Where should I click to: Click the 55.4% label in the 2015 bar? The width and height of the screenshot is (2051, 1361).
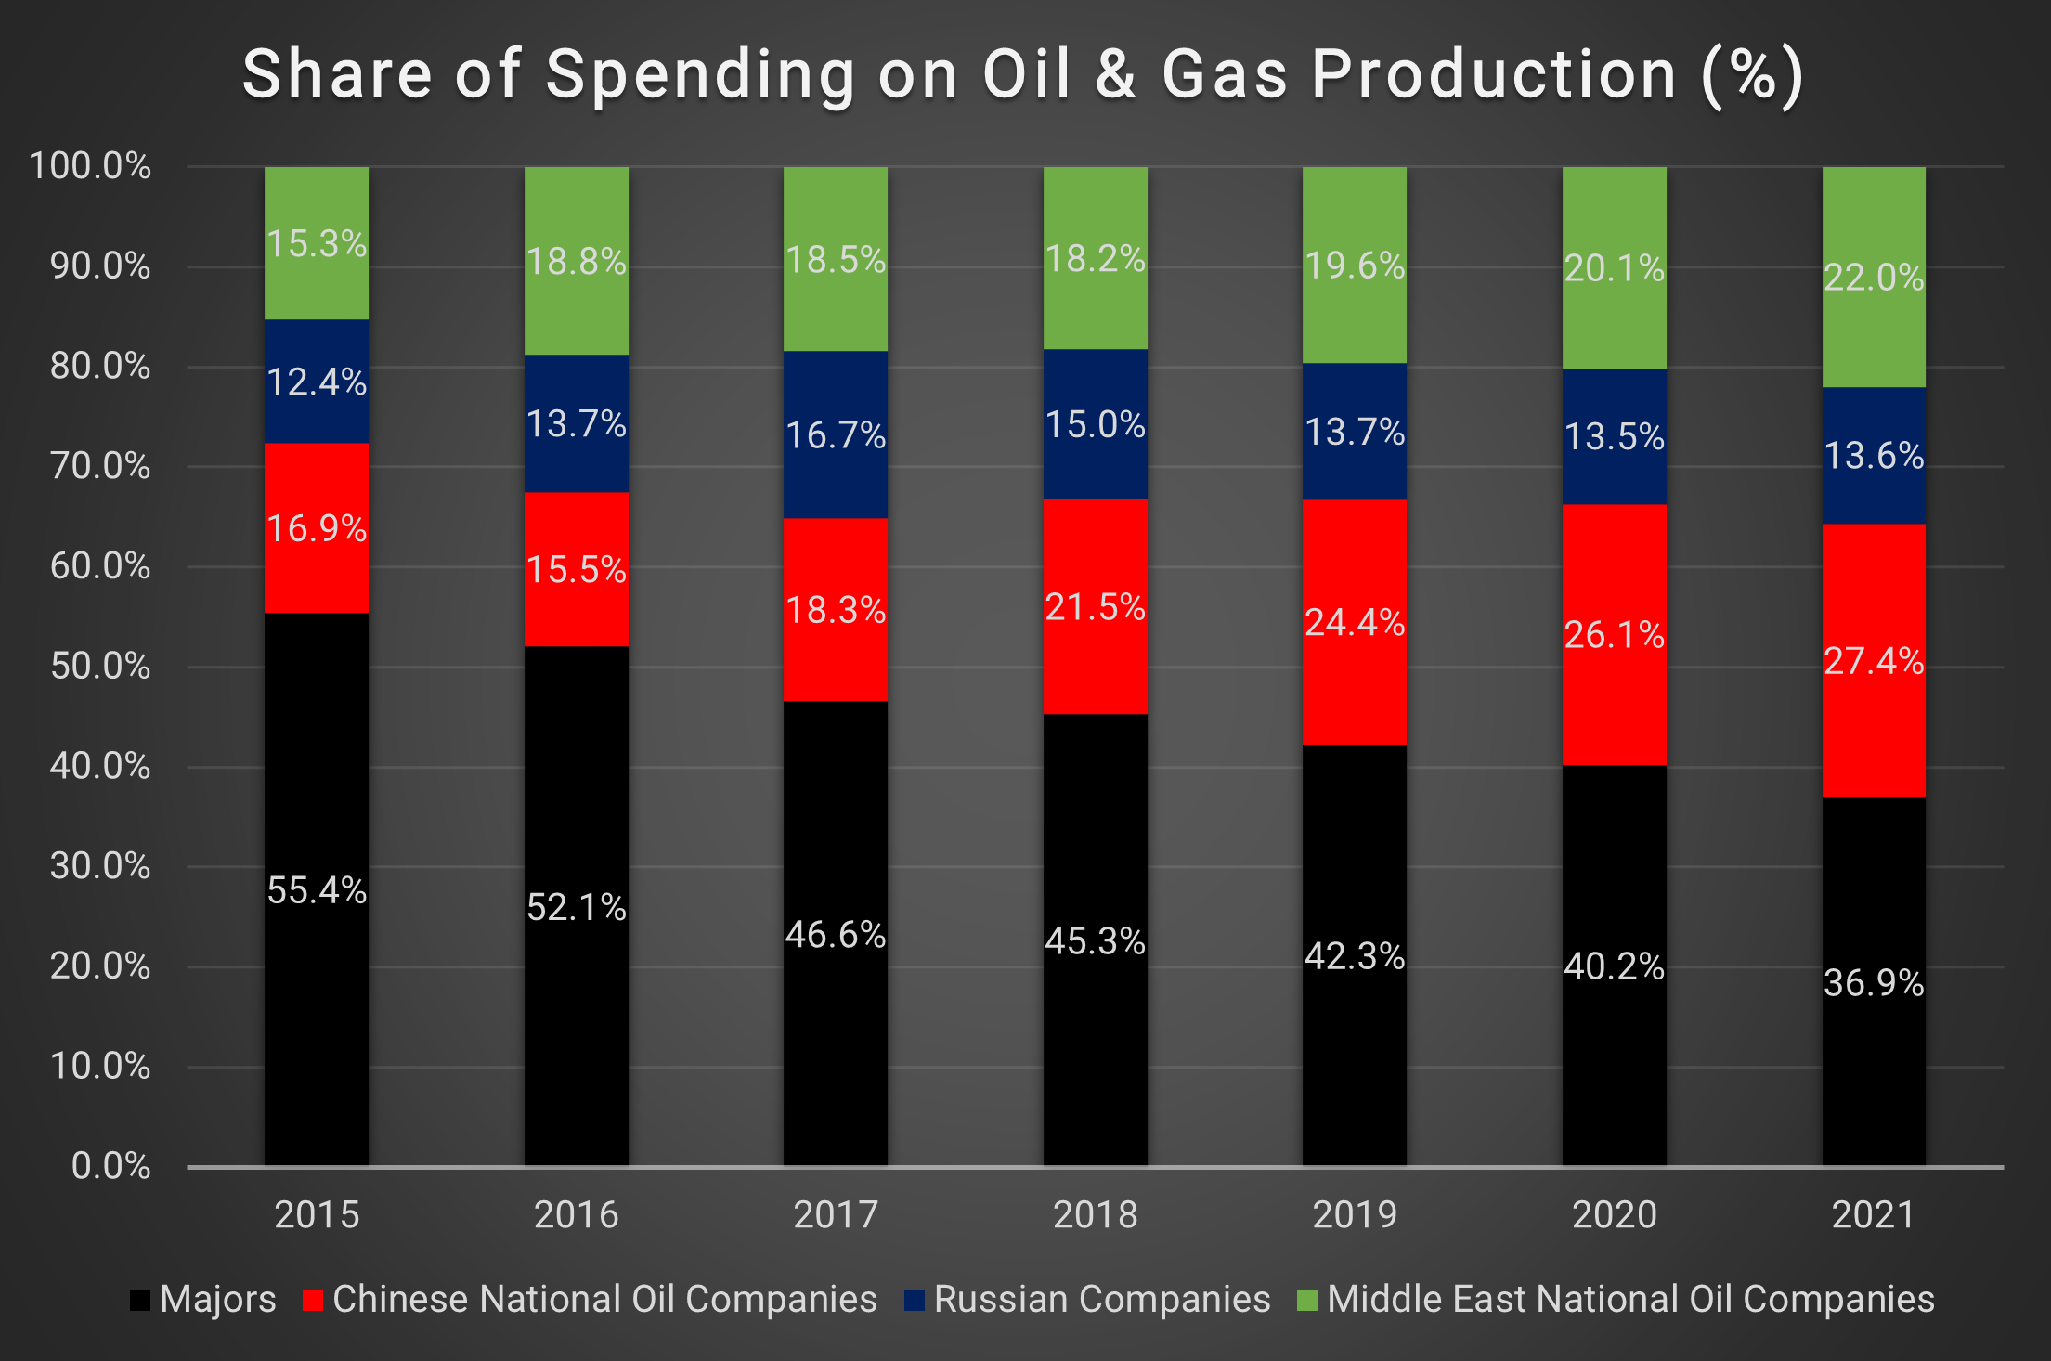[x=317, y=890]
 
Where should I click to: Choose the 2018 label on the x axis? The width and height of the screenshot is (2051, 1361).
[x=1095, y=1214]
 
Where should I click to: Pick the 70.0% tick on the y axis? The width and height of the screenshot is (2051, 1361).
[x=100, y=466]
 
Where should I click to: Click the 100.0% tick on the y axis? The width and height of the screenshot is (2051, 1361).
[x=90, y=166]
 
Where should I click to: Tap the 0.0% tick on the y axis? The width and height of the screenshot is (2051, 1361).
[x=110, y=1166]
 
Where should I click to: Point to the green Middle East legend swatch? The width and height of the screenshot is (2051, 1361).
[x=1306, y=1300]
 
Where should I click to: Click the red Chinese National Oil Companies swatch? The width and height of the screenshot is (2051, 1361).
[x=312, y=1300]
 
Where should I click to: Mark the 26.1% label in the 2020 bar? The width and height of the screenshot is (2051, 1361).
[x=1614, y=635]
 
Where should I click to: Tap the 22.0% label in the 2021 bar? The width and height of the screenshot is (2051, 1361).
[x=1874, y=278]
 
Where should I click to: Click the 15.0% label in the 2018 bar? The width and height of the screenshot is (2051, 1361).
[x=1095, y=425]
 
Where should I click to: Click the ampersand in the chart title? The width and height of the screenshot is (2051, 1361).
[x=1115, y=74]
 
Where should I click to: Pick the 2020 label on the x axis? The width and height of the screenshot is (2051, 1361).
[x=1614, y=1214]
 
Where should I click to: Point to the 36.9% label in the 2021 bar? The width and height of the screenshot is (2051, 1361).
[x=1874, y=983]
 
